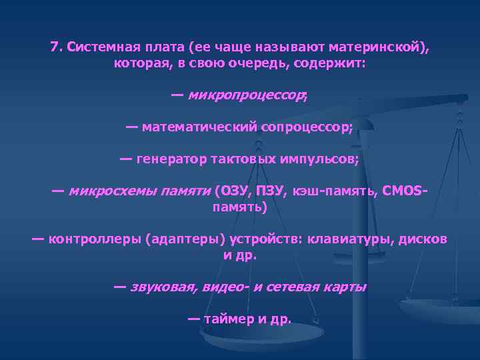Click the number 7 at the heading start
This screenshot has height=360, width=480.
click(54, 47)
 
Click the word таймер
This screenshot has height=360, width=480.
click(227, 319)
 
